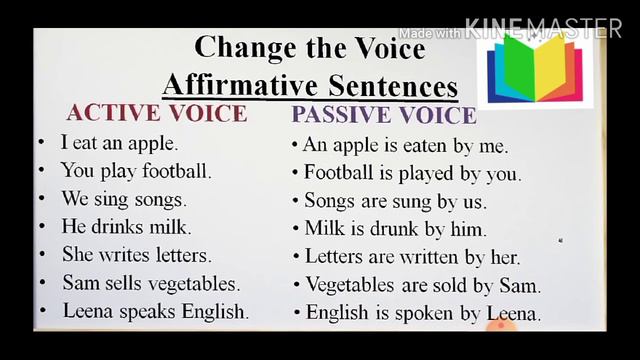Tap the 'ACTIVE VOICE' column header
156,112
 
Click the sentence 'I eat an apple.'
119,143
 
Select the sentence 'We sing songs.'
123,198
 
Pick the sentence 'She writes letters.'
136,255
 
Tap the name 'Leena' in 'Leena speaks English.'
89,311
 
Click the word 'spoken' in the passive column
425,314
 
